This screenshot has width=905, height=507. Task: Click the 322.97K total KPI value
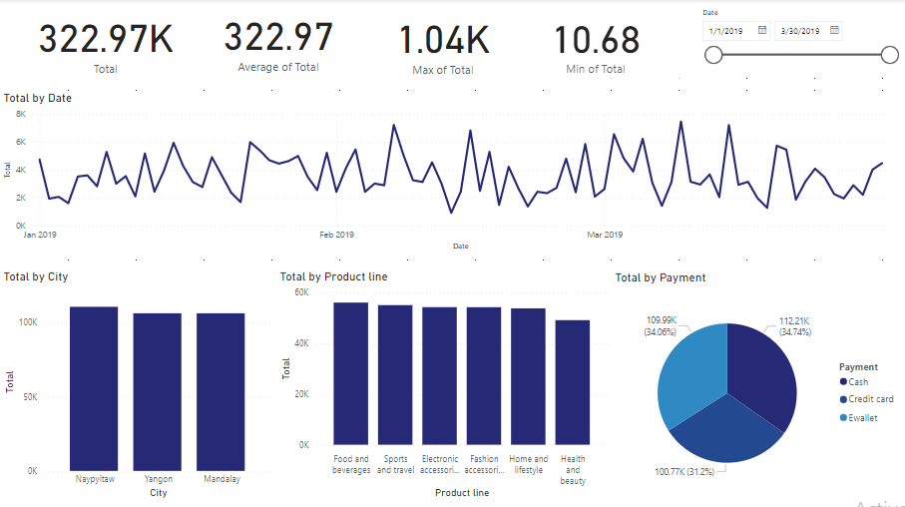point(105,40)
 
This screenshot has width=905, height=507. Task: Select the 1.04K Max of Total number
point(443,41)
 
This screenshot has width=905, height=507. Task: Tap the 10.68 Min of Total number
point(597,41)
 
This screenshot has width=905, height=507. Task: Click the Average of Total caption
point(278,68)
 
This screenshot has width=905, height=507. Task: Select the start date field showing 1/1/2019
point(728,31)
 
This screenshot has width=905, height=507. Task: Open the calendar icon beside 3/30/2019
point(834,31)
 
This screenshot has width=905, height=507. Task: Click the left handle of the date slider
point(713,56)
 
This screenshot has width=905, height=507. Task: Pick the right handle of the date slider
point(890,56)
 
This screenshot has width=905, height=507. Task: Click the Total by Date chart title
point(38,98)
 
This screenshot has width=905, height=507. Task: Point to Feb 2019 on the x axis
point(337,236)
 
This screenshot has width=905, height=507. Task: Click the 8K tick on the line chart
point(19,114)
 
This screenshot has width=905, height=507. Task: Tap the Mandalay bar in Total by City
point(221,390)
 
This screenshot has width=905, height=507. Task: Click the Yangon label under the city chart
point(158,479)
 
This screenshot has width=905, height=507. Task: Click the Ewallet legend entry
point(862,418)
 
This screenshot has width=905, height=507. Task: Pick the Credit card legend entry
point(869,400)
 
